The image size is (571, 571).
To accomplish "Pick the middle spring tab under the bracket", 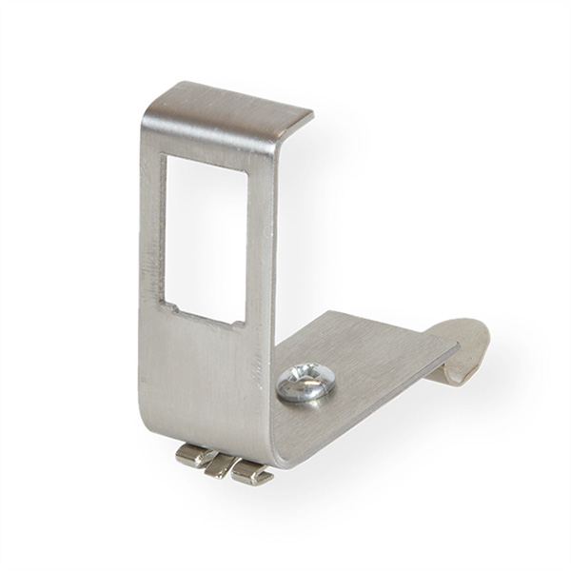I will [221, 464].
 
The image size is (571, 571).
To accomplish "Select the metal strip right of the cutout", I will [261, 247].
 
